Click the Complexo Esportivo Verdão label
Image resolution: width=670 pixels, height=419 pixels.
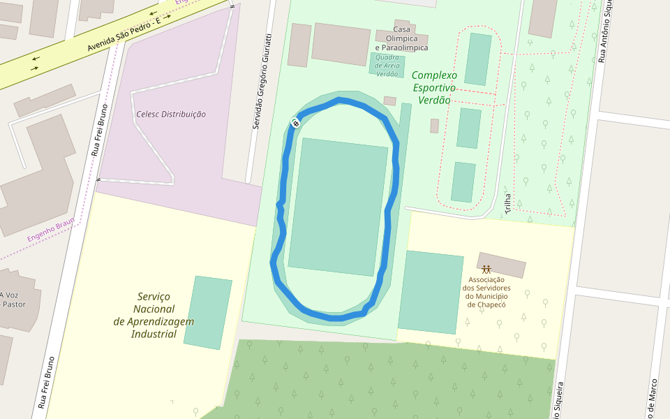tap(434, 87)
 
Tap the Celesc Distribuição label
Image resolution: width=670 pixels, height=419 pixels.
tap(171, 114)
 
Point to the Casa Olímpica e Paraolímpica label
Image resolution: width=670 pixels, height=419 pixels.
tap(401, 38)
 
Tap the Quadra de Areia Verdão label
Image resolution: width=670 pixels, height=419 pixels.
tap(387, 65)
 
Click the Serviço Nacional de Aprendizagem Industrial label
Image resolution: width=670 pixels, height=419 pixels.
tap(154, 315)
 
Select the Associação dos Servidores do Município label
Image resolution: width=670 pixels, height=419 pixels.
tap(486, 291)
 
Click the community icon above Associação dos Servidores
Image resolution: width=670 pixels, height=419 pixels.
tap(486, 270)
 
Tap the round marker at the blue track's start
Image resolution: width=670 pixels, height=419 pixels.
tap(295, 123)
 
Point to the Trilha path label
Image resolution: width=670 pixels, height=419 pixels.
tap(507, 203)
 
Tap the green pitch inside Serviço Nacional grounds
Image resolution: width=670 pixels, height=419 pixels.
tap(207, 312)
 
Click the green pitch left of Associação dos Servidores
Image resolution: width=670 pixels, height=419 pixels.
tap(431, 292)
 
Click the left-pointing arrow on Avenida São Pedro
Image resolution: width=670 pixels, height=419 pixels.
tap(36, 58)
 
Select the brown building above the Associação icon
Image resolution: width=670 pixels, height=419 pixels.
tap(502, 265)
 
